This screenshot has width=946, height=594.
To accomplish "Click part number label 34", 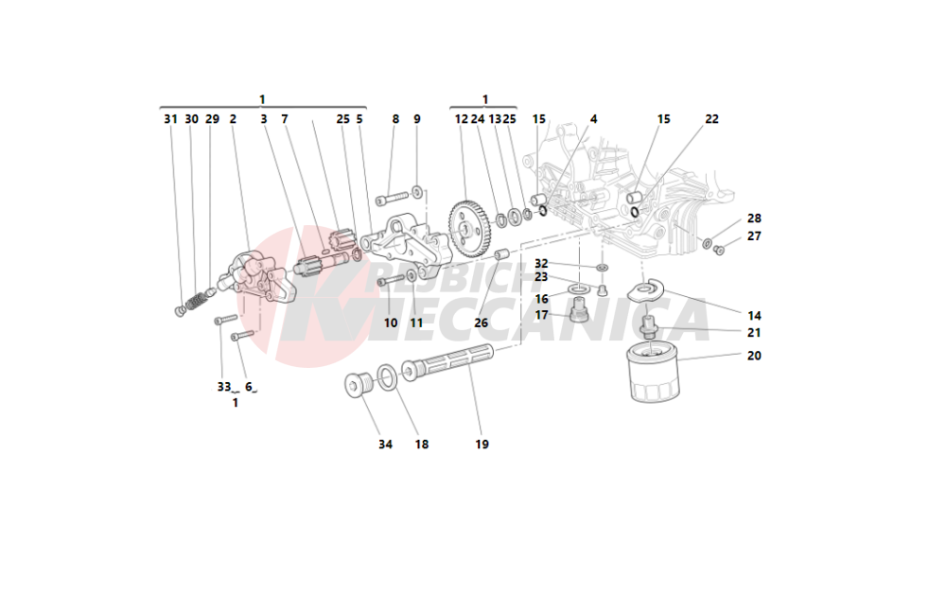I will [x=384, y=444].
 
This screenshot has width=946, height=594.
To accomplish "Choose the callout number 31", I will [x=170, y=119].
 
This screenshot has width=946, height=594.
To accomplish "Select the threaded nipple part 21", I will [x=649, y=328].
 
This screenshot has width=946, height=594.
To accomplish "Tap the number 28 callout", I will [x=753, y=218].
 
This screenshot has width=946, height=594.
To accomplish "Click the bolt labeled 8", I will [x=392, y=200].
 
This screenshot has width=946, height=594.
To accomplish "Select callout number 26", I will [x=482, y=323].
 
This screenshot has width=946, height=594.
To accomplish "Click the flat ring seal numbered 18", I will [x=388, y=377].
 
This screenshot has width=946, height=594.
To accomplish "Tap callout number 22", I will [x=711, y=119].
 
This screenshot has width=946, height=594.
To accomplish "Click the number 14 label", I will [x=754, y=315].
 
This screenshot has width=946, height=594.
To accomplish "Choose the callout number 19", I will [x=482, y=444].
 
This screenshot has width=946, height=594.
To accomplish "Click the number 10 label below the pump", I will [x=391, y=323].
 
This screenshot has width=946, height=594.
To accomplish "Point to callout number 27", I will [x=753, y=236].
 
